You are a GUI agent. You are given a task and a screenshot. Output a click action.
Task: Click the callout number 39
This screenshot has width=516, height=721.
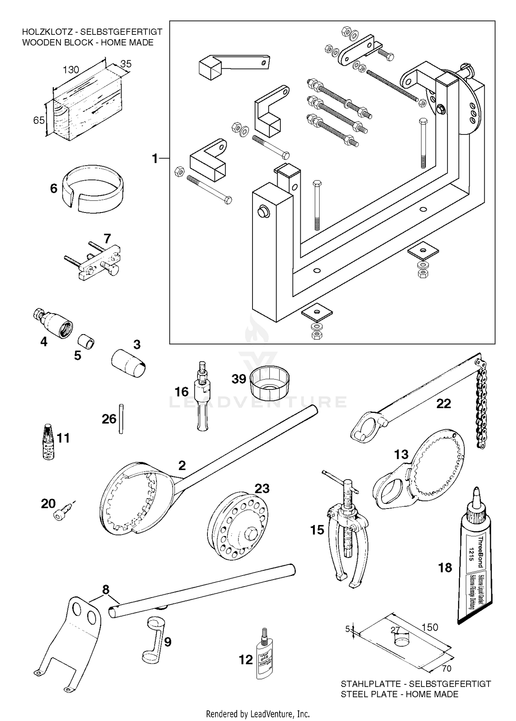(238, 379)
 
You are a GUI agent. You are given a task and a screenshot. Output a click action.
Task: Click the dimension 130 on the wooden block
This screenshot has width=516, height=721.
(71, 70)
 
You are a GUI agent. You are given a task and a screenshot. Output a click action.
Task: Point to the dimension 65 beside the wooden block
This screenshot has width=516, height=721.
(39, 120)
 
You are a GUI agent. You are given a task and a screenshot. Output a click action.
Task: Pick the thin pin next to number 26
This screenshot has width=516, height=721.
(121, 418)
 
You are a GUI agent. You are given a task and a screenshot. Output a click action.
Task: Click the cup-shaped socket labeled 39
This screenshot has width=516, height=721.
(270, 382)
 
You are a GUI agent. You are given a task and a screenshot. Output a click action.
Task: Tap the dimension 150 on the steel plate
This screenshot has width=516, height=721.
(430, 627)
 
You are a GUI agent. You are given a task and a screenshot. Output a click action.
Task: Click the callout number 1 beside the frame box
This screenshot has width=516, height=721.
(155, 159)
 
